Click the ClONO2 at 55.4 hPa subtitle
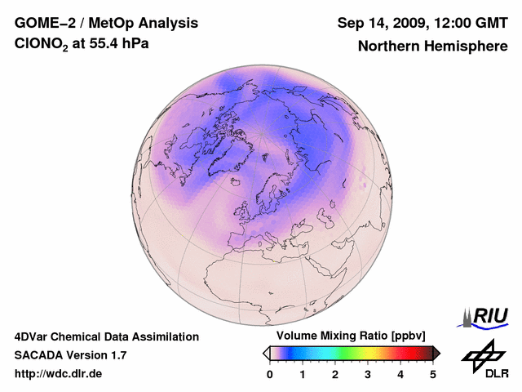[82, 44]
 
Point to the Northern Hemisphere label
[432, 46]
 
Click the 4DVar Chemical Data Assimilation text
[107, 336]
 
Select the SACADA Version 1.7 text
[70, 355]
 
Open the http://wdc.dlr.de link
[59, 374]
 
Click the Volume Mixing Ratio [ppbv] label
[347, 336]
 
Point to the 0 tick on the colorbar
[270, 374]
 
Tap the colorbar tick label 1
[303, 374]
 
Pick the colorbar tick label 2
[335, 374]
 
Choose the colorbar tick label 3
[368, 374]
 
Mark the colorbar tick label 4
[400, 374]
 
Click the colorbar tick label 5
[433, 374]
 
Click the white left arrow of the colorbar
[266, 353]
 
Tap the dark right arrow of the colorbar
[436, 353]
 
